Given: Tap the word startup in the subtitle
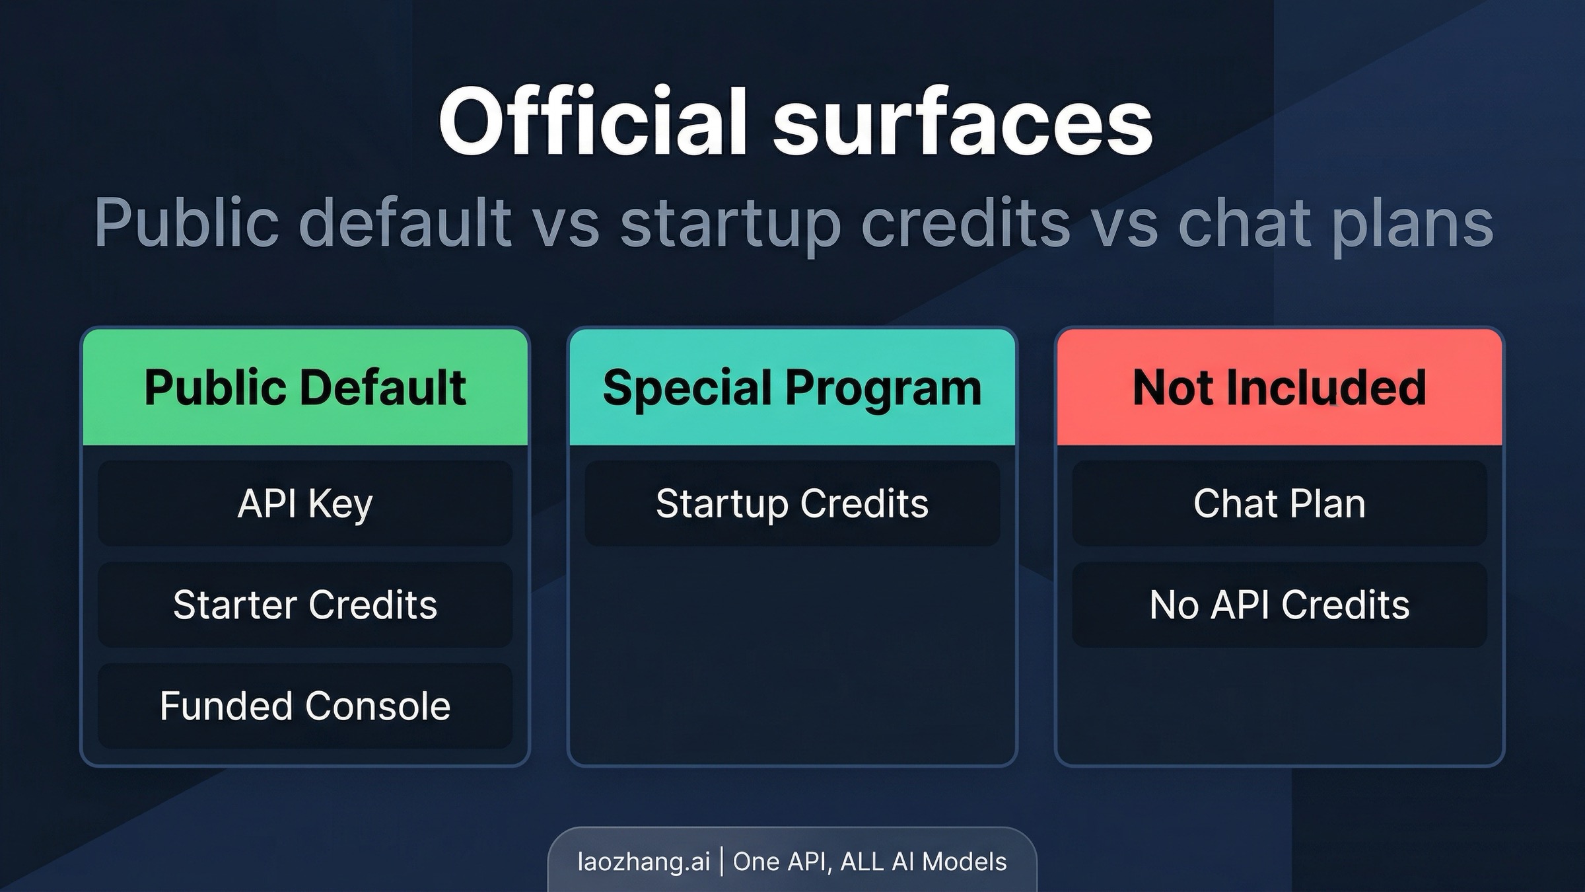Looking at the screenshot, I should click(730, 223).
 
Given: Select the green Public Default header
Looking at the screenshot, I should click(305, 387).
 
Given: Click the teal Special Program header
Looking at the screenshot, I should click(792, 387).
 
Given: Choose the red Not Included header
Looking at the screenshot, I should click(1279, 387).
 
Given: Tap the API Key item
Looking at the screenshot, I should click(305, 503).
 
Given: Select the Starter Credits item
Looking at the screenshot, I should click(305, 605).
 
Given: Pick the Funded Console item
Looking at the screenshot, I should click(305, 706).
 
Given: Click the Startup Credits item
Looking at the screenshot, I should click(792, 503).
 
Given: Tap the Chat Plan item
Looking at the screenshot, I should click(1279, 503).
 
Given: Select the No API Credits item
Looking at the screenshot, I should click(1279, 605).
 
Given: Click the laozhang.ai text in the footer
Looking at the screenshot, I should click(644, 862).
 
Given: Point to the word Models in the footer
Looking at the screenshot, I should click(964, 862).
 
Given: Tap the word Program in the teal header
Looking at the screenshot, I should click(883, 389).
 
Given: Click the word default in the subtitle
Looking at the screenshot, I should click(405, 223).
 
